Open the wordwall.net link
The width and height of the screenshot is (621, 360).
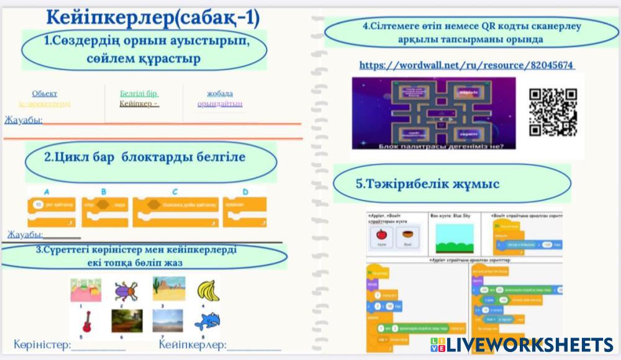[x=466, y=65]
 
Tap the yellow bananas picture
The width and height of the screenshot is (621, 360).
[x=208, y=290]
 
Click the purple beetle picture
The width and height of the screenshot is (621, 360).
[x=125, y=290]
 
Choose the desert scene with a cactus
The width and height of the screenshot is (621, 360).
[x=168, y=289]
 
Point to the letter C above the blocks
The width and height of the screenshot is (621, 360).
[x=175, y=192]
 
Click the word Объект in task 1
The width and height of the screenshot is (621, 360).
[x=45, y=94]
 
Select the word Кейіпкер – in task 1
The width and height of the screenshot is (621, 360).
[x=139, y=104]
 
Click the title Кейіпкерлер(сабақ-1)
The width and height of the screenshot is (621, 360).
[x=153, y=18]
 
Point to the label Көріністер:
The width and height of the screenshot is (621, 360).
[x=42, y=344]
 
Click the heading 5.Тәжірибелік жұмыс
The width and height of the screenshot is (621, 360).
[x=428, y=184]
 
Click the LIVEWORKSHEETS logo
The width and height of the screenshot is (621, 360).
[x=522, y=345]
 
